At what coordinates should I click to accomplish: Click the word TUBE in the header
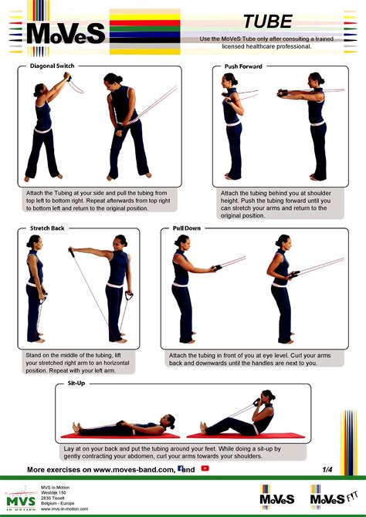[x=267, y=20]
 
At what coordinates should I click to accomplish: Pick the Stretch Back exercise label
[x=48, y=229]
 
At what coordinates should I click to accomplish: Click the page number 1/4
[x=329, y=468]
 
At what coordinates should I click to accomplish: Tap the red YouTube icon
[x=205, y=468]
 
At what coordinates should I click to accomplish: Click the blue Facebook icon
[x=180, y=468]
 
